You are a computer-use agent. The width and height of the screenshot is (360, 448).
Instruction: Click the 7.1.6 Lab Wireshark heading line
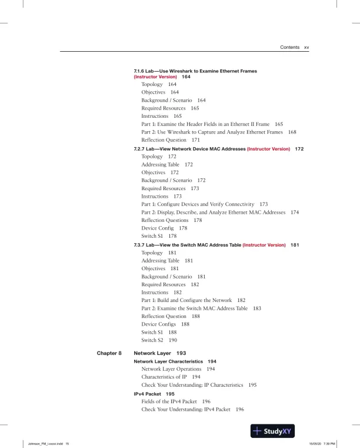pyautogui.click(x=195, y=71)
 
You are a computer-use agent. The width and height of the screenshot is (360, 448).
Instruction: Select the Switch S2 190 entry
pyautogui.click(x=159, y=340)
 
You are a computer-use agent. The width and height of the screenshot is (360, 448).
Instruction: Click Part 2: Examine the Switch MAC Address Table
pyautogui.click(x=201, y=308)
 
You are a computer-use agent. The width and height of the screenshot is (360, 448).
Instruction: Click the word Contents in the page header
pyautogui.click(x=289, y=47)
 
